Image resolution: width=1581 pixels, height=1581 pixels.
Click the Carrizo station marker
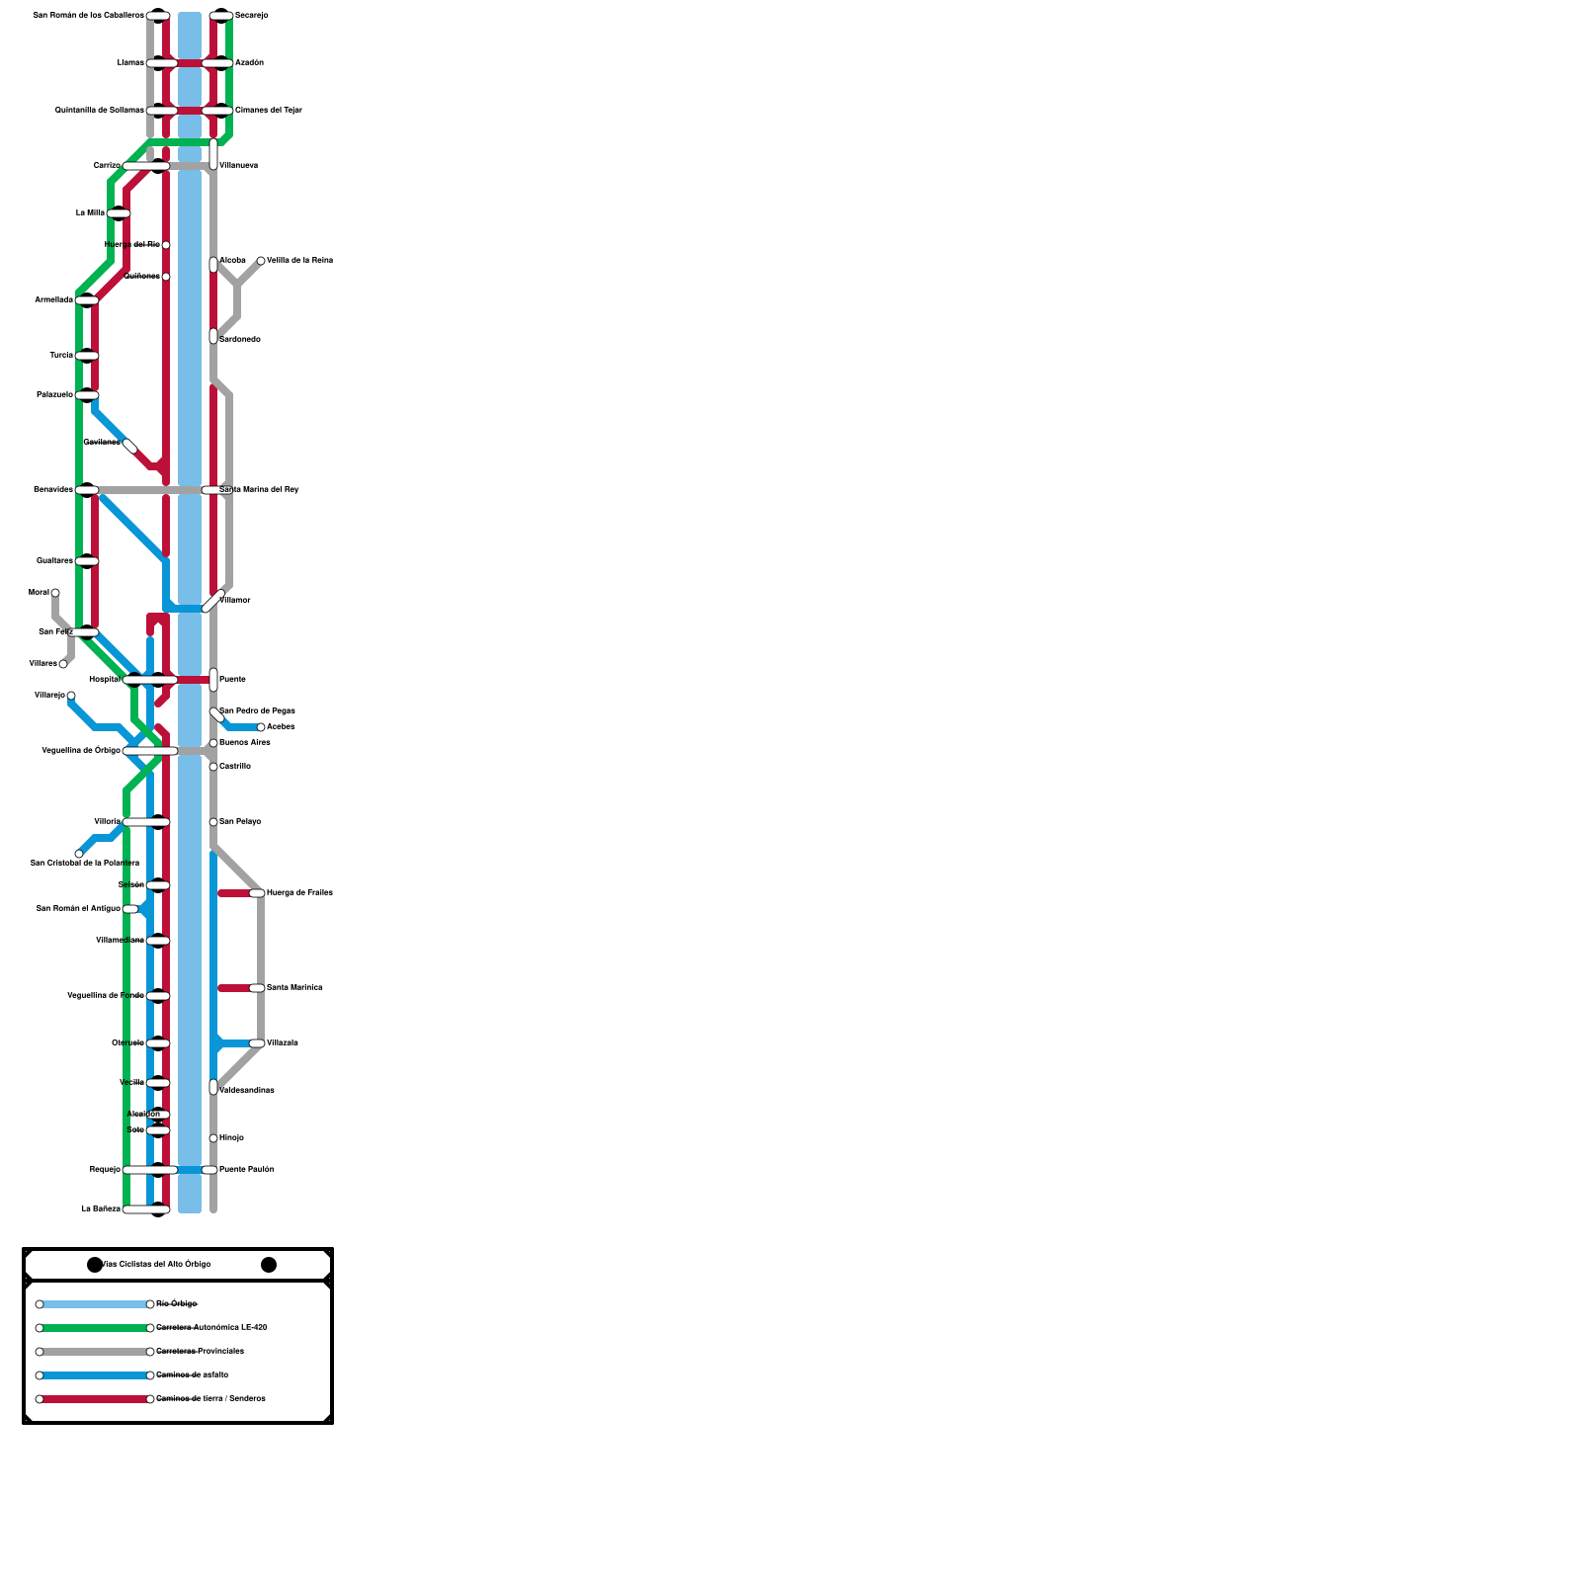pos(146,166)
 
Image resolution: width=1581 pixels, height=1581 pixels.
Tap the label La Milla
pos(90,213)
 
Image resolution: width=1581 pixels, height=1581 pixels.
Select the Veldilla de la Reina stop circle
pos(261,261)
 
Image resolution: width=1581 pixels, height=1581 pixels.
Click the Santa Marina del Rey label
pos(259,490)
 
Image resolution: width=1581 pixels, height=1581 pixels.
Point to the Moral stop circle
pos(55,593)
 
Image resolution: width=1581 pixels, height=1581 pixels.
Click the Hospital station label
pos(104,680)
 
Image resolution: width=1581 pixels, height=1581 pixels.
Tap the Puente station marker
pos(213,680)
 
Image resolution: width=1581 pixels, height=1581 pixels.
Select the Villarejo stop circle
pos(71,696)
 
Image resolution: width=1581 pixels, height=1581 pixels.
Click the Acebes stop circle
pos(261,727)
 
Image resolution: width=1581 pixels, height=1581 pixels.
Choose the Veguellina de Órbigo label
pos(81,751)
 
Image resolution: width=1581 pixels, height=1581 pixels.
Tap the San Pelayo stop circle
pos(213,822)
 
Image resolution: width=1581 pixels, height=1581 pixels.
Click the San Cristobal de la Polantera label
pos(85,864)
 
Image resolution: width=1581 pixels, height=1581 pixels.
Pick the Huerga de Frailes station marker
pos(257,893)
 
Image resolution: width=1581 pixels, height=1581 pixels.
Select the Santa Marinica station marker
pos(257,988)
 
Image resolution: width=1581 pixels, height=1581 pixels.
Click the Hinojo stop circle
pos(213,1138)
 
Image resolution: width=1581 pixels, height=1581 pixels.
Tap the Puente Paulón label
pos(246,1170)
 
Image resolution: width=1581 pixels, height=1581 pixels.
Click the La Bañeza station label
pos(101,1209)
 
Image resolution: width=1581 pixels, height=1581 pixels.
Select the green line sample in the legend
pos(95,1328)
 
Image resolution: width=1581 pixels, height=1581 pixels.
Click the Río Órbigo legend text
pos(177,1304)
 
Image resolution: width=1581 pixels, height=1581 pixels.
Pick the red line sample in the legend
pos(95,1399)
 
